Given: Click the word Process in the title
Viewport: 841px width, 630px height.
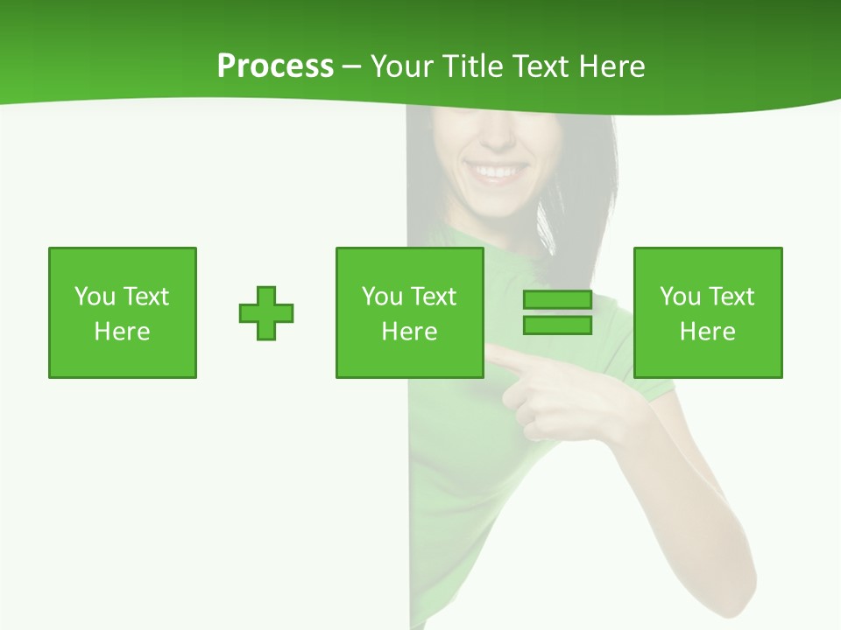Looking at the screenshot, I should tap(275, 66).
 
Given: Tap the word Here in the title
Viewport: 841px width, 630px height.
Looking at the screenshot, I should tap(612, 66).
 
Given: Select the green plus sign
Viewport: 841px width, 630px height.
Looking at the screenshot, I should tap(266, 313).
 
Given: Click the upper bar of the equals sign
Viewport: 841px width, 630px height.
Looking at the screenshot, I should tap(557, 300).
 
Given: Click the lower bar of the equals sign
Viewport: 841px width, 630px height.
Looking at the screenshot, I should tap(557, 325).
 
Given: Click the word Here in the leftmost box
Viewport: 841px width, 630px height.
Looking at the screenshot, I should tap(122, 332).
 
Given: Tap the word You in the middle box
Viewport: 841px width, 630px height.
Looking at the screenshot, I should tap(381, 297).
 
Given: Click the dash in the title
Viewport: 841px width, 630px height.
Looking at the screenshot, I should tap(352, 67).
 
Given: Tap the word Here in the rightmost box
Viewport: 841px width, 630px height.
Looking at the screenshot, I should tap(707, 332).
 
